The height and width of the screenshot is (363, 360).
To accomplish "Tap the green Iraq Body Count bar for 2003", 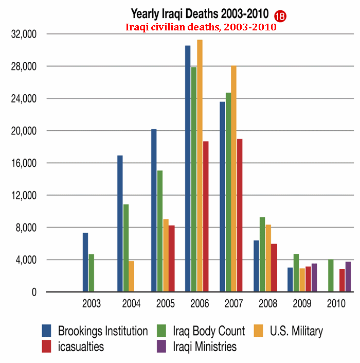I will [91, 273].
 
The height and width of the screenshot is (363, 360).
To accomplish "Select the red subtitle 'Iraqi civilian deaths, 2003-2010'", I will [202, 27].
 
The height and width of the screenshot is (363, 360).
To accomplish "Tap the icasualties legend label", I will [81, 347].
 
